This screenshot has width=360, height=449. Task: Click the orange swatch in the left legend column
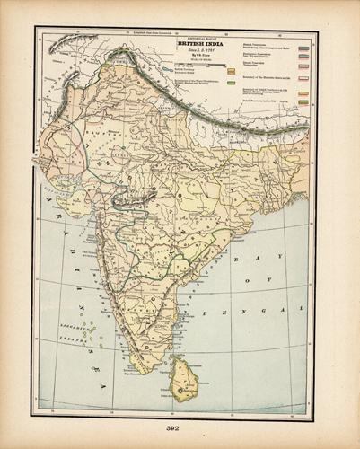(x=231, y=69)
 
